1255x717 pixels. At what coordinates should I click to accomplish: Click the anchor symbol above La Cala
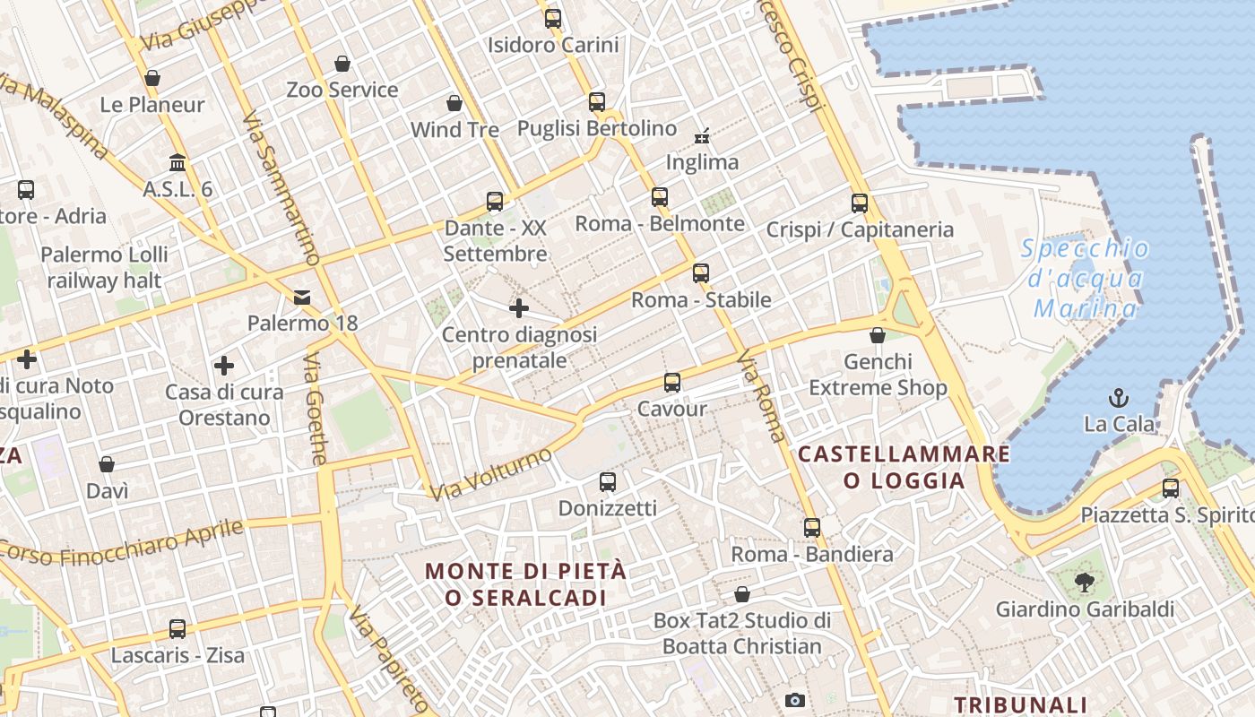(x=1119, y=398)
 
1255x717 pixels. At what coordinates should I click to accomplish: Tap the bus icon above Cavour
(x=672, y=384)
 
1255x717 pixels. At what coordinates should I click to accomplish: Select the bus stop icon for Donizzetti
(x=608, y=482)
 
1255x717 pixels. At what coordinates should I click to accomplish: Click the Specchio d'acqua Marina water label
(x=1085, y=279)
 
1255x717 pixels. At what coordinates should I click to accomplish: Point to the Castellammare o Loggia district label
(x=904, y=467)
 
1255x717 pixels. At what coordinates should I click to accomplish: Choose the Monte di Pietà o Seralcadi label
(x=525, y=583)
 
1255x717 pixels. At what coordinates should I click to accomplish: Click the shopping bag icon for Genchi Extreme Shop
(x=878, y=336)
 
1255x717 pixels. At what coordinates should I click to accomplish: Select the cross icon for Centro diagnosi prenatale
(x=519, y=309)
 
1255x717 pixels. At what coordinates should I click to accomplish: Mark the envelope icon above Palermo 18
(x=302, y=297)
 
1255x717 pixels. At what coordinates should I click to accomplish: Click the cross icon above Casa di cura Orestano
(x=224, y=366)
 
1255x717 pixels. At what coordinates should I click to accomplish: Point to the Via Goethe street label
(x=316, y=409)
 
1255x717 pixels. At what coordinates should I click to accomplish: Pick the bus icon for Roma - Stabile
(x=701, y=273)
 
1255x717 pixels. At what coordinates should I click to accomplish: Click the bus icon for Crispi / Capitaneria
(x=860, y=203)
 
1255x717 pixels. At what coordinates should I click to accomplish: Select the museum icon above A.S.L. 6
(x=177, y=163)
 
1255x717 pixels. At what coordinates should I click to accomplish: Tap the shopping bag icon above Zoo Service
(x=342, y=64)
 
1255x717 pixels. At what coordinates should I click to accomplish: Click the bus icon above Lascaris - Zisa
(x=177, y=629)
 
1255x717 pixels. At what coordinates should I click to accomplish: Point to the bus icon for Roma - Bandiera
(x=812, y=528)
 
